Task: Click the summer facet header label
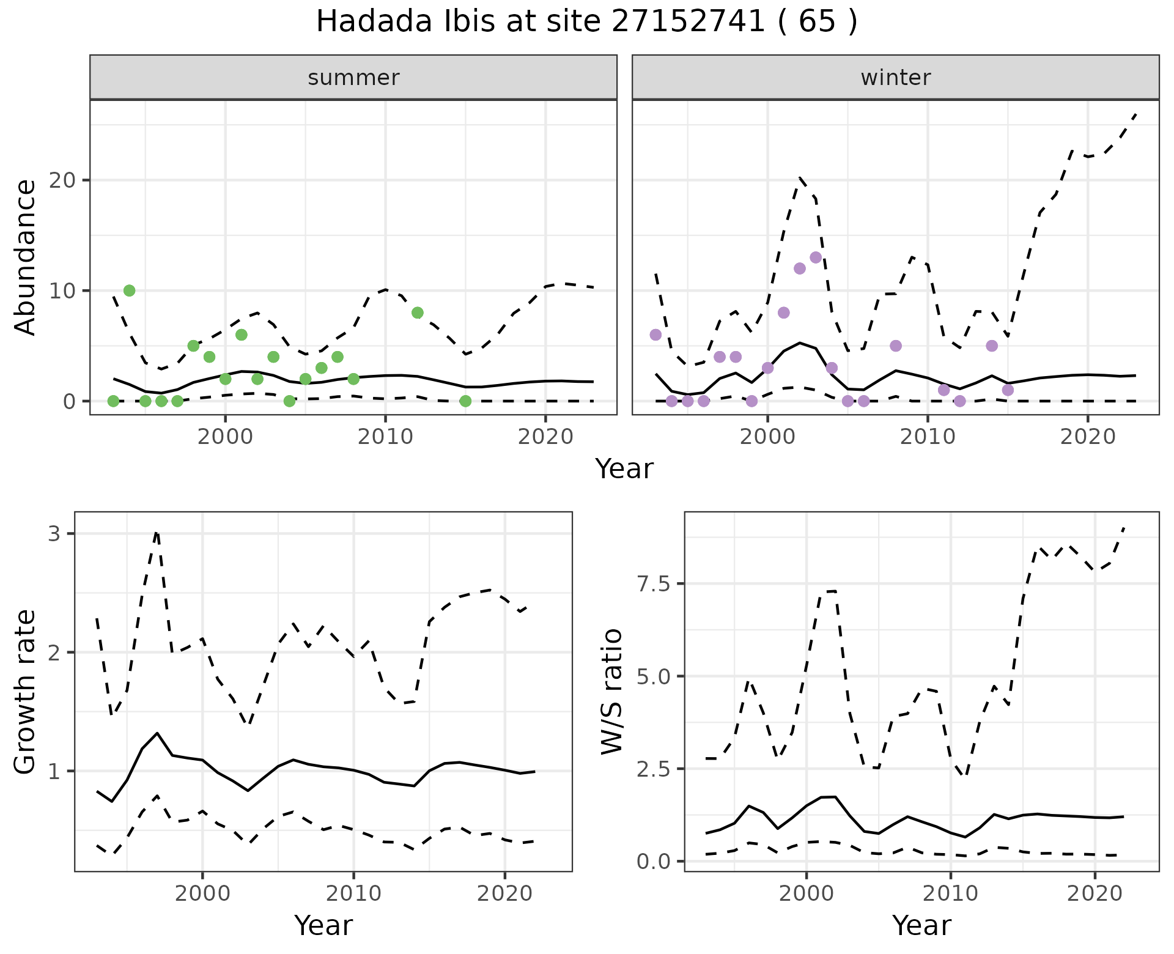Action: click(x=353, y=78)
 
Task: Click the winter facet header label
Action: click(x=895, y=78)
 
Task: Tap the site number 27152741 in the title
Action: click(x=688, y=22)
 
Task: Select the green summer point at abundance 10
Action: click(x=129, y=290)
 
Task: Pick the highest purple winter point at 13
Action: click(x=816, y=257)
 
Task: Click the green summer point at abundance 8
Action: click(x=418, y=312)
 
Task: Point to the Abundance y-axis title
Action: click(x=25, y=257)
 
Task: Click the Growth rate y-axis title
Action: click(x=25, y=692)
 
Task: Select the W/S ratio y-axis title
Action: click(x=611, y=692)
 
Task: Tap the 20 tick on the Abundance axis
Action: click(x=68, y=180)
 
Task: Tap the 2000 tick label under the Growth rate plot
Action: click(x=202, y=893)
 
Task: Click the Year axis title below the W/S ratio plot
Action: click(x=921, y=925)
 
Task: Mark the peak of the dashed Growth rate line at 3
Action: click(x=157, y=533)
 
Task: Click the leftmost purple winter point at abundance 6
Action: click(x=655, y=335)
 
